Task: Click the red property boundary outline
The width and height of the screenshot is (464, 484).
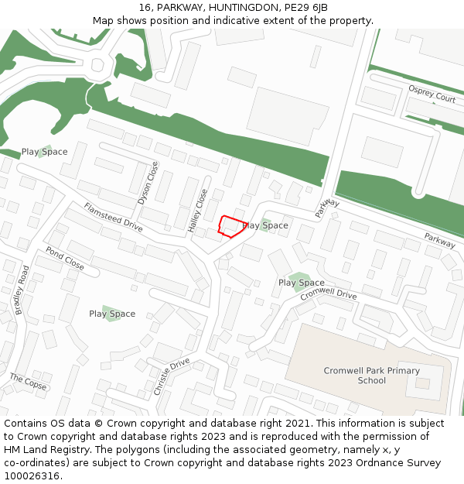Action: pyautogui.click(x=230, y=225)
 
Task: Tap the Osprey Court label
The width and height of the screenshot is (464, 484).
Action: pyautogui.click(x=432, y=94)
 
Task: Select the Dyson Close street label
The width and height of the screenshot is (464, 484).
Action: pyautogui.click(x=148, y=183)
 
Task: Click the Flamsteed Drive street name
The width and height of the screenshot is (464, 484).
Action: pyautogui.click(x=114, y=217)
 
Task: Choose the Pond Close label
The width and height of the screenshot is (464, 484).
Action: pyautogui.click(x=65, y=258)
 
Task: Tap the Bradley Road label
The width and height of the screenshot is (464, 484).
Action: pyautogui.click(x=21, y=290)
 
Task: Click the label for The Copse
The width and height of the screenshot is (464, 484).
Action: pyautogui.click(x=29, y=382)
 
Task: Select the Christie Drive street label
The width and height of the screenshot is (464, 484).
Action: pyautogui.click(x=172, y=376)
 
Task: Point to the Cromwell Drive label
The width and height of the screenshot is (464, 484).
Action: pyautogui.click(x=329, y=295)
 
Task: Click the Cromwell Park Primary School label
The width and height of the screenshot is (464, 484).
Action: pyautogui.click(x=372, y=376)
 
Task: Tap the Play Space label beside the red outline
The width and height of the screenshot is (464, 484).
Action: pyautogui.click(x=266, y=225)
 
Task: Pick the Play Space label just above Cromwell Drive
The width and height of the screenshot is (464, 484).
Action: pyautogui.click(x=302, y=283)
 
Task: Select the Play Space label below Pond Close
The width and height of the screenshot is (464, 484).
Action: pyautogui.click(x=112, y=314)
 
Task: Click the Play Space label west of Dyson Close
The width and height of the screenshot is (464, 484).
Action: pyautogui.click(x=44, y=152)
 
